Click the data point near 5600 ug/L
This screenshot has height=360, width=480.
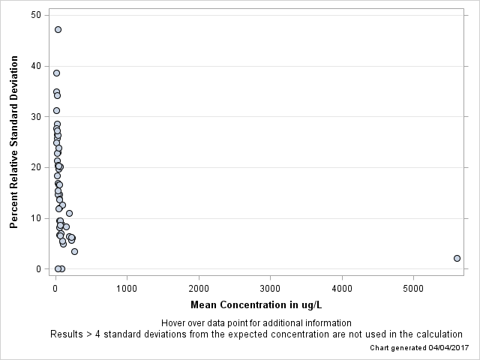pos(457,258)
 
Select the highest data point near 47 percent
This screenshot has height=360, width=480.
pos(58,30)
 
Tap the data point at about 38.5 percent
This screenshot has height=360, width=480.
pos(56,73)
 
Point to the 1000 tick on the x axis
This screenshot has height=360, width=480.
pos(127,287)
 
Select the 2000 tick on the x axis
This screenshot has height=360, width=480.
pos(199,287)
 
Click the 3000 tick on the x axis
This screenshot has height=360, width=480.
pos(270,287)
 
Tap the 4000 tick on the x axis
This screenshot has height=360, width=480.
pos(342,287)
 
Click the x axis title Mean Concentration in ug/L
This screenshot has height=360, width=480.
pos(256,305)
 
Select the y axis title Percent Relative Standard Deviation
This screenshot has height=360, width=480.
pos(13,142)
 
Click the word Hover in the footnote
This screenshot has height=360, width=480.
pos(174,323)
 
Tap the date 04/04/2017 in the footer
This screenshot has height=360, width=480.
pos(448,348)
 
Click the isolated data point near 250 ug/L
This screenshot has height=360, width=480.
pos(74,252)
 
